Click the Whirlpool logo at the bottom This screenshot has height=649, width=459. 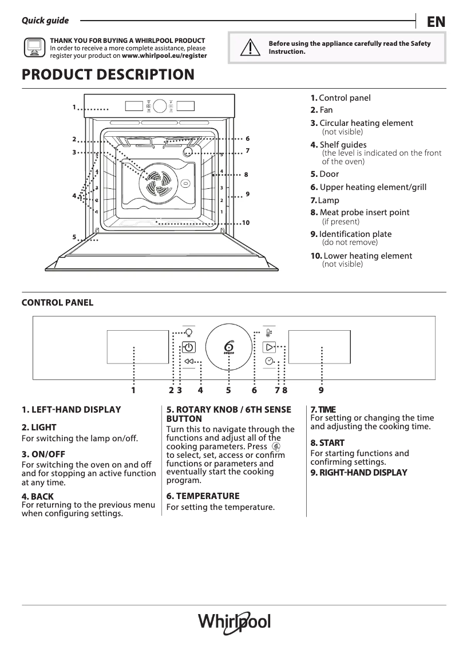234,622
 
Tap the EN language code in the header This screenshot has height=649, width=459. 436,22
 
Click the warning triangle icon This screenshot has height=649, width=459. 248,48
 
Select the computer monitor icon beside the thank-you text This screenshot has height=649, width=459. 34,48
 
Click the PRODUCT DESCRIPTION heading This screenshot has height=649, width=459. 108,75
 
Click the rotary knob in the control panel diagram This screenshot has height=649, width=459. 228,347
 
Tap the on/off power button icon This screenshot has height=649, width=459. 189,347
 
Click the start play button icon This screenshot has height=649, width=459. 269,347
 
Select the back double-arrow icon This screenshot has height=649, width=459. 189,362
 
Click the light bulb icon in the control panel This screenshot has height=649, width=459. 189,332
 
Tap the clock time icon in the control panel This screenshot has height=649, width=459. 269,361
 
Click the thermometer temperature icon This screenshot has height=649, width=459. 268,333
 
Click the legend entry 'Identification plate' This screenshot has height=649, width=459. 355,234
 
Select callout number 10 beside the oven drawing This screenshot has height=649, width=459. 246,222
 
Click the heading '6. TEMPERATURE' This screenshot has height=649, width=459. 203,496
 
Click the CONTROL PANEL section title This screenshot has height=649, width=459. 57,303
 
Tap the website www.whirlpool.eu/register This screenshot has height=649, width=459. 164,56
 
